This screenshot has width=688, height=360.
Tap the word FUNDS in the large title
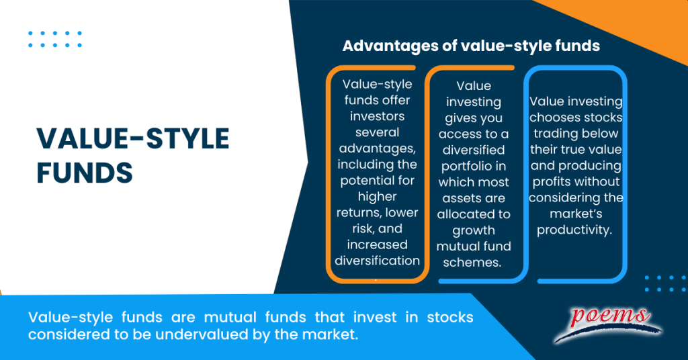coord(85,173)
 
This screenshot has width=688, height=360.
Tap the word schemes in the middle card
coord(474,262)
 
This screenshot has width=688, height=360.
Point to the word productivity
coord(576,230)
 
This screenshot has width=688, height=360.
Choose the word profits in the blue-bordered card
coord(554,182)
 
